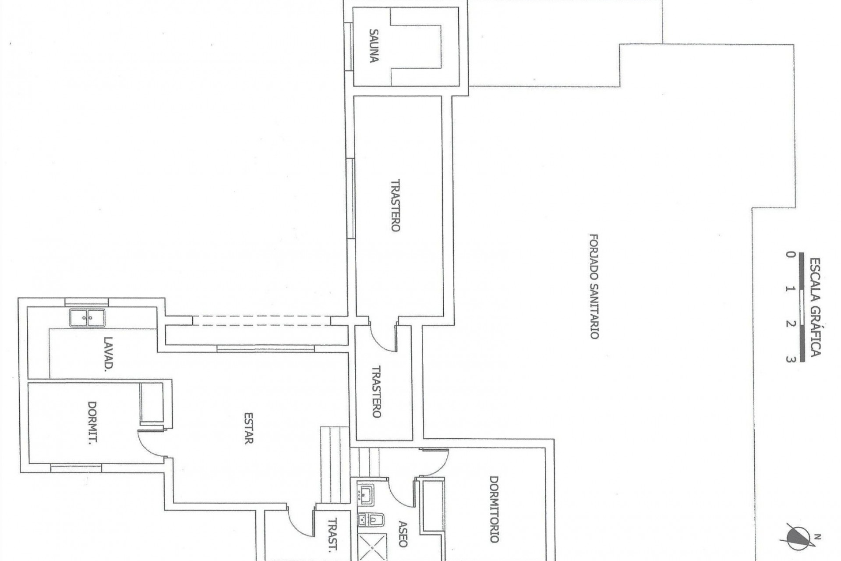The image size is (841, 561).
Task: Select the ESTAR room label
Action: click(248, 428)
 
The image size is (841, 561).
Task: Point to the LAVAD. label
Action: click(108, 354)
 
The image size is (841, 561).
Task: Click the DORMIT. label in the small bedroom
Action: click(92, 423)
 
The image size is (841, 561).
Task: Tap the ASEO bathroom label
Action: click(403, 534)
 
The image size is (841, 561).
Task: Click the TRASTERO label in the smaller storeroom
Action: click(376, 391)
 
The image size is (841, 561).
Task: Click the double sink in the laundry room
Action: click(87, 318)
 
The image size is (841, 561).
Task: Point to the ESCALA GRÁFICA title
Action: click(815, 307)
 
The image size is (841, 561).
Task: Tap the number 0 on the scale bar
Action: click(790, 255)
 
